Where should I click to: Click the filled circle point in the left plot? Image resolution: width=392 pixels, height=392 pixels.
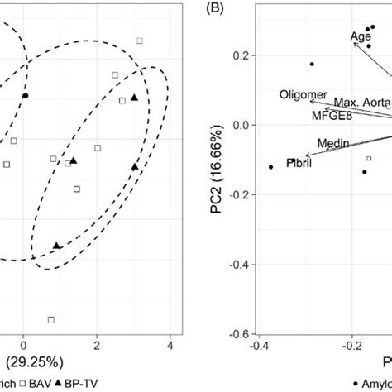pos(26,96)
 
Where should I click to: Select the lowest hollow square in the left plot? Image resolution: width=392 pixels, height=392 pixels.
pos(51,319)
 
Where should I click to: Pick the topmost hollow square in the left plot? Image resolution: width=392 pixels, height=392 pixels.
pos(140,40)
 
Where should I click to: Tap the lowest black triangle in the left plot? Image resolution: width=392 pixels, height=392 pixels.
pos(56,246)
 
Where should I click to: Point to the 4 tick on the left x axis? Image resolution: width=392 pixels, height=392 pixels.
pos(170,344)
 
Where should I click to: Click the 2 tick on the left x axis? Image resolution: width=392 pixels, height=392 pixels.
pos(97,344)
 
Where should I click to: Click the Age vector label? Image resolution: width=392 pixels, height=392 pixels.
pos(361,36)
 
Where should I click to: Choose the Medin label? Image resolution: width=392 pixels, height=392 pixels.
pos(332,142)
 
